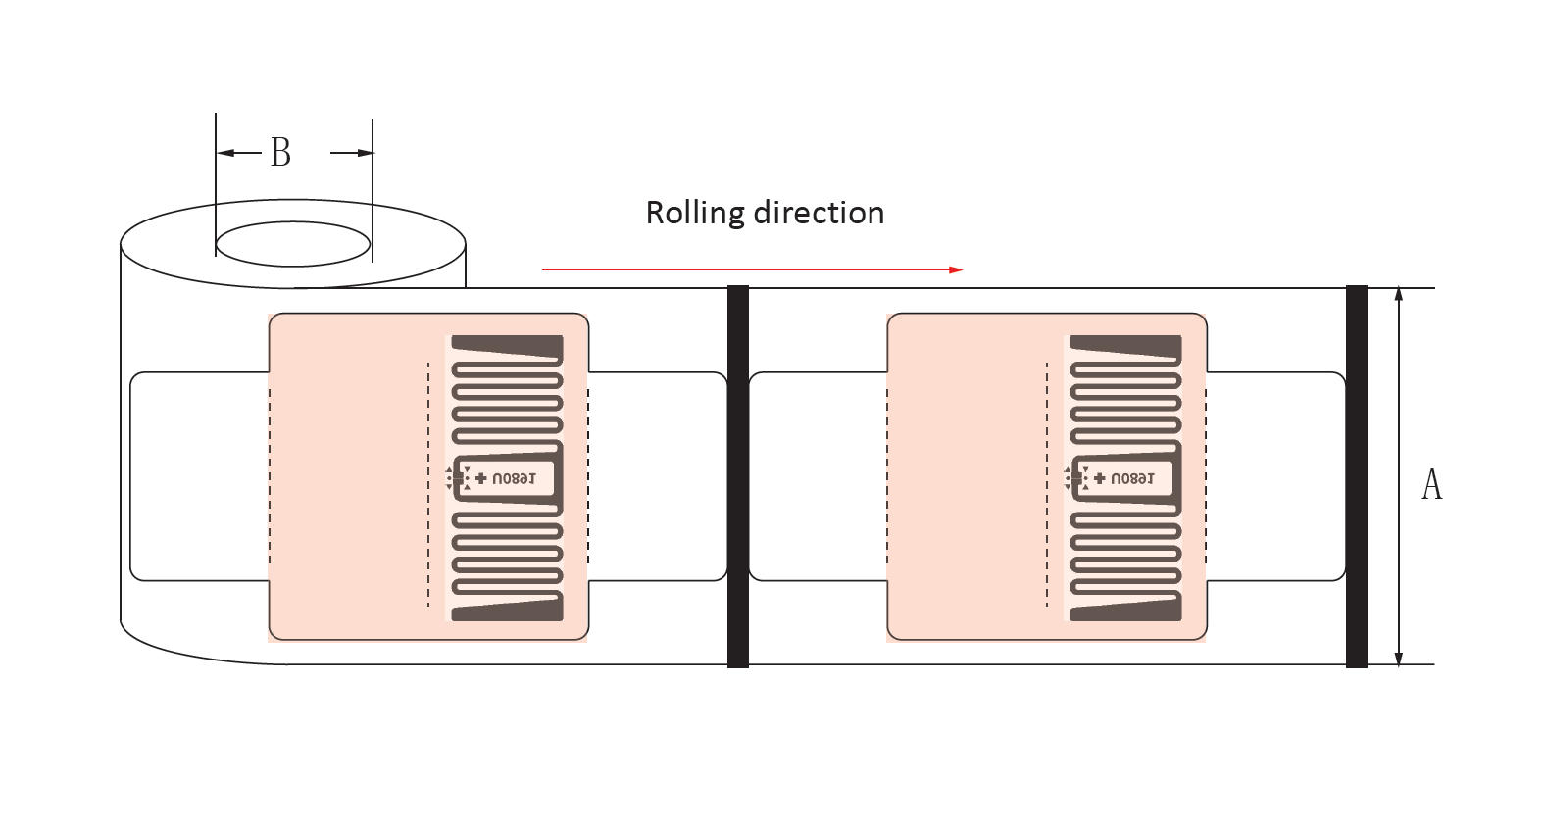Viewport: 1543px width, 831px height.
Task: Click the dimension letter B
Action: (x=280, y=153)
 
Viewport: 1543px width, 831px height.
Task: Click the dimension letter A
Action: (x=1431, y=484)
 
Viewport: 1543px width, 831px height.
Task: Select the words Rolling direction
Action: (x=765, y=213)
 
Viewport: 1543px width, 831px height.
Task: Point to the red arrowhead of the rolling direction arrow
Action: (x=956, y=269)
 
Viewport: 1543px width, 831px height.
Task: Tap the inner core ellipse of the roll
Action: (x=292, y=243)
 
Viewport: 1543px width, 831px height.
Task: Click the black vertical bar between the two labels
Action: (x=738, y=476)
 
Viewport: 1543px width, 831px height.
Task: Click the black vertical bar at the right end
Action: (x=1356, y=476)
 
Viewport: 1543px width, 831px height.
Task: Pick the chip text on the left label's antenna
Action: (x=513, y=479)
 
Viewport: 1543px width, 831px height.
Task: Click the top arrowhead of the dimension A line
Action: (x=1399, y=294)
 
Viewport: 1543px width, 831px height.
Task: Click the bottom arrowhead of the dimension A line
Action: (x=1399, y=659)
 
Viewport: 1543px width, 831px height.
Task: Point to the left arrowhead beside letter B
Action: (x=224, y=153)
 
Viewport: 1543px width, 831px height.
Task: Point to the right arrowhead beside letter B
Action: (x=365, y=153)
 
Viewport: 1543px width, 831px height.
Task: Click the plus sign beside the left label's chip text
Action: (x=480, y=478)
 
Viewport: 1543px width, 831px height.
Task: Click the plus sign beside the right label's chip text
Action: (x=1099, y=478)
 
